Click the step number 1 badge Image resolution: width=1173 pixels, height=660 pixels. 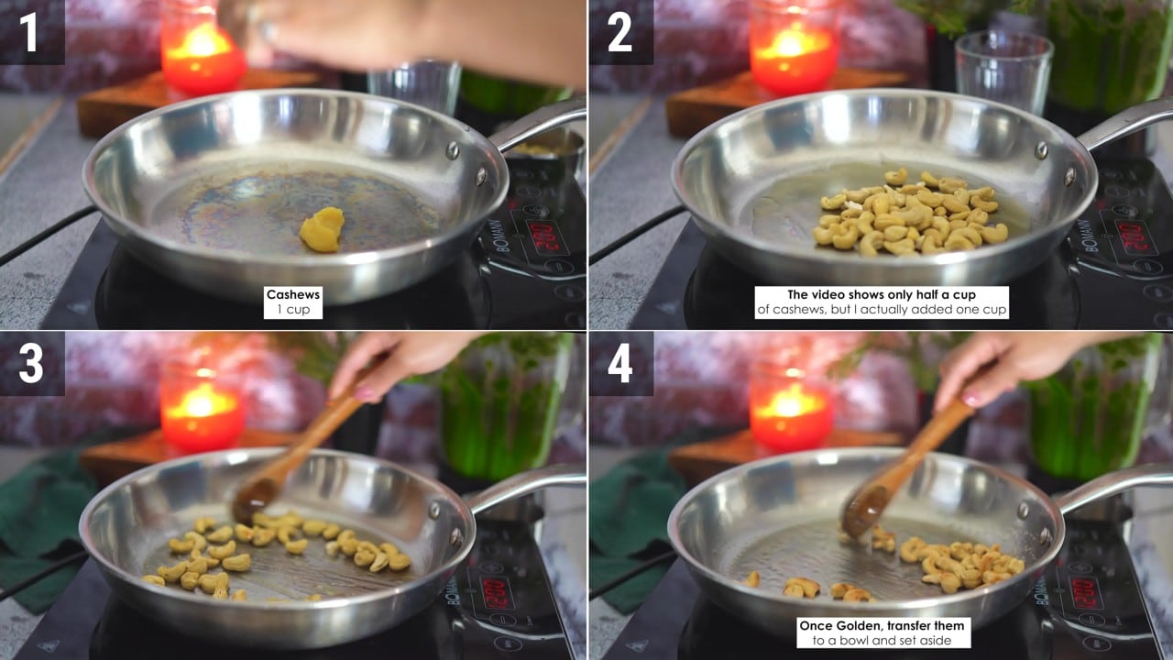tap(30, 32)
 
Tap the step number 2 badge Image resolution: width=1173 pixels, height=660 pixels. tap(620, 32)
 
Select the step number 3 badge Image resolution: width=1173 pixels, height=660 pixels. tap(30, 364)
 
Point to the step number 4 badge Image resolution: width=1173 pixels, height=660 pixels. tap(620, 364)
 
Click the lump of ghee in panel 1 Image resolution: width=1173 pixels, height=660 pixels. tap(322, 229)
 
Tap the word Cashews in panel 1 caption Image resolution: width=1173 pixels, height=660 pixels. tap(292, 294)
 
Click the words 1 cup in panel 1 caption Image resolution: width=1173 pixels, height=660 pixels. tap(292, 310)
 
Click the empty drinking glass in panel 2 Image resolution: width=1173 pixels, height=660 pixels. tap(1003, 73)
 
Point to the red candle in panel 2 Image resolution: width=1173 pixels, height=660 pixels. tap(793, 47)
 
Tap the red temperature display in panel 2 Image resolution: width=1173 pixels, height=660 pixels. tap(1135, 238)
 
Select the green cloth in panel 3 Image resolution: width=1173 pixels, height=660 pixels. tap(42, 529)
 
